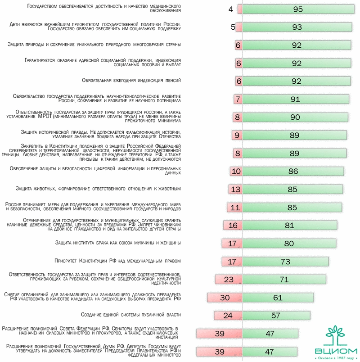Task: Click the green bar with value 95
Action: point(297,9)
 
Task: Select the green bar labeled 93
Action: point(297,27)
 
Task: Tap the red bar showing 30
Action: point(225,298)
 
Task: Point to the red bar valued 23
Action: point(229,280)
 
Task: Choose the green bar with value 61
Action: point(278,298)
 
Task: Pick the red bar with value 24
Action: point(228,316)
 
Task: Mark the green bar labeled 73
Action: point(284,262)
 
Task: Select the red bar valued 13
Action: point(235,190)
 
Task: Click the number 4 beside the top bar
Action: point(231,9)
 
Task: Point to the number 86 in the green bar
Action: point(293,172)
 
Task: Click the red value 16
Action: point(233,226)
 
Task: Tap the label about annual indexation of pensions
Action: point(131,81)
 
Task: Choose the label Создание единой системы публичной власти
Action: point(130,315)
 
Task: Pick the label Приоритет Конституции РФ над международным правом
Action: point(117,261)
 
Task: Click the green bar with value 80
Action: point(289,244)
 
